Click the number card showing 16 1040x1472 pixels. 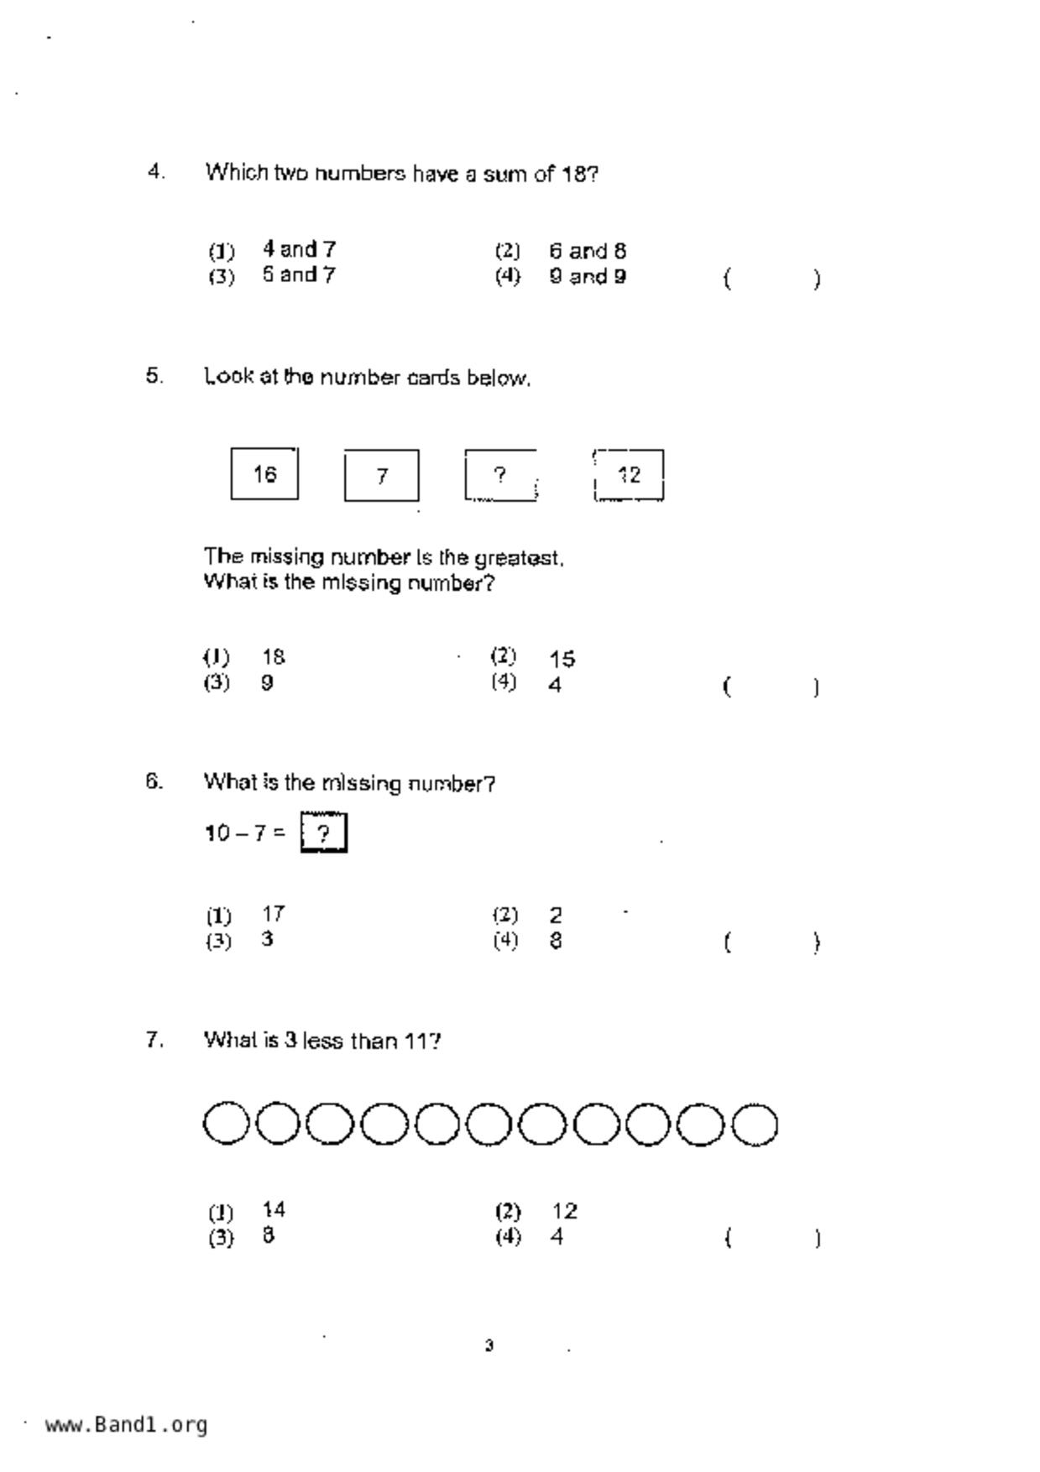pyautogui.click(x=264, y=474)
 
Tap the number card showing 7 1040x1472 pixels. pyautogui.click(x=381, y=476)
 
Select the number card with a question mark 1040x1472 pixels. pyautogui.click(x=500, y=476)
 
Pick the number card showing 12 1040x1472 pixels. pyautogui.click(x=629, y=475)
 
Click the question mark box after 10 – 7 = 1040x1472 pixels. pyautogui.click(x=324, y=833)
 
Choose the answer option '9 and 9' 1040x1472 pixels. pyautogui.click(x=588, y=276)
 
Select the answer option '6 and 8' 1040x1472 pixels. pyautogui.click(x=588, y=251)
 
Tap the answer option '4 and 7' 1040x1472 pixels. pyautogui.click(x=299, y=249)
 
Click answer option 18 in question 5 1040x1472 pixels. pyautogui.click(x=274, y=656)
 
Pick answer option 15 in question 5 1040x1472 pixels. pyautogui.click(x=562, y=659)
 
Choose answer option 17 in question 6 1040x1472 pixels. pyautogui.click(x=274, y=913)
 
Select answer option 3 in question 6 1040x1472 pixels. pyautogui.click(x=267, y=939)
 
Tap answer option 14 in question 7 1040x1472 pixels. pyautogui.click(x=274, y=1209)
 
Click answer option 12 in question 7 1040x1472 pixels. pyautogui.click(x=565, y=1211)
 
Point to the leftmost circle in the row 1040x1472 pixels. pyautogui.click(x=226, y=1124)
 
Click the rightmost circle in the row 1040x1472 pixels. pyautogui.click(x=755, y=1125)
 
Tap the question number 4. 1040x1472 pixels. pyautogui.click(x=155, y=172)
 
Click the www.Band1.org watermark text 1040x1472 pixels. pyautogui.click(x=126, y=1424)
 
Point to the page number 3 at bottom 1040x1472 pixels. pyautogui.click(x=489, y=1346)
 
